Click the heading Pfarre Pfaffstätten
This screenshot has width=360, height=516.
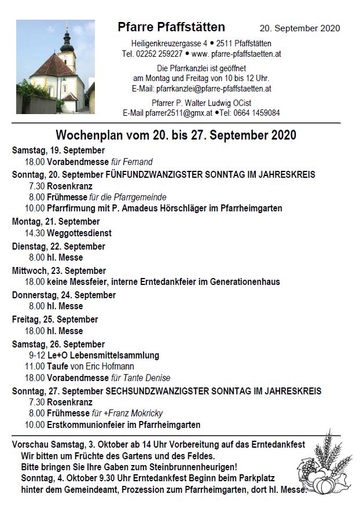pos(171,27)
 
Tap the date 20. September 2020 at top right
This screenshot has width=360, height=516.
pos(299,28)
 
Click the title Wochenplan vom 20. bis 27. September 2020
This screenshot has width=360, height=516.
pos(176,136)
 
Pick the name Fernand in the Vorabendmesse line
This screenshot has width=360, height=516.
pos(139,162)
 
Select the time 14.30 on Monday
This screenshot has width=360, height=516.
pos(35,233)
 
